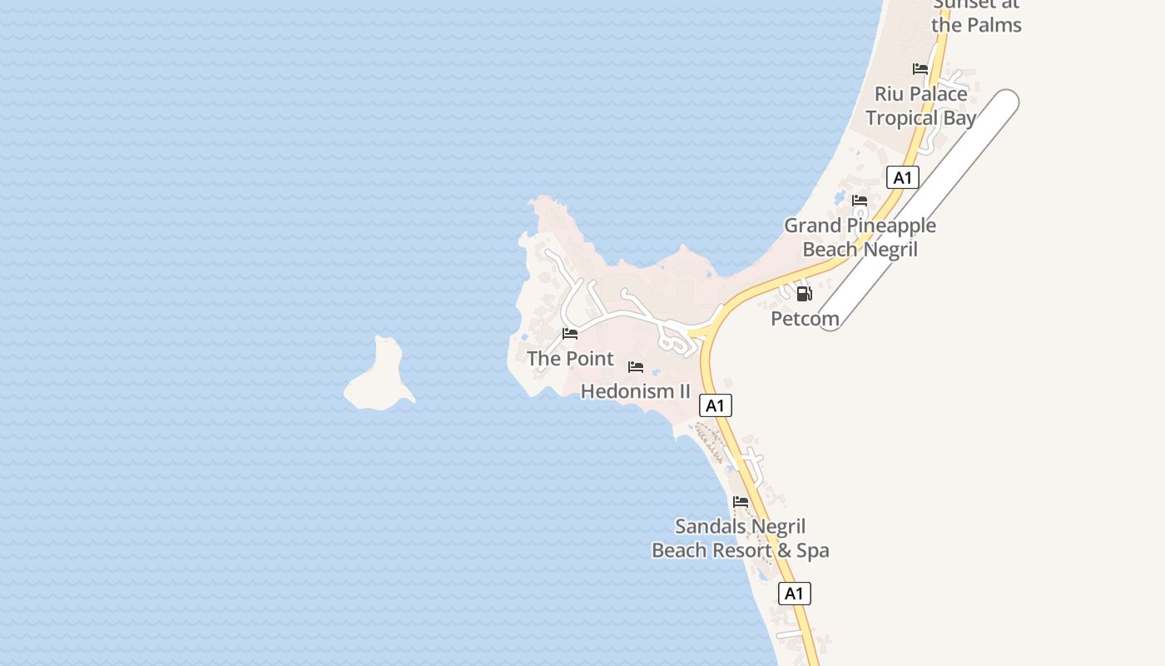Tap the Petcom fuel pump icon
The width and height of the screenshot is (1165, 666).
804,293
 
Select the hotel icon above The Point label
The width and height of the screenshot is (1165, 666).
570,334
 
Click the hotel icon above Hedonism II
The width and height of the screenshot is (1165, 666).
636,367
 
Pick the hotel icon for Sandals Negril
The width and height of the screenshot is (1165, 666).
741,502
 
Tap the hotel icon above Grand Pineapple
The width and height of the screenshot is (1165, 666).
860,201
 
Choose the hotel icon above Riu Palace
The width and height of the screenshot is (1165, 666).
920,69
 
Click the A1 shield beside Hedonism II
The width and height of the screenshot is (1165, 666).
716,405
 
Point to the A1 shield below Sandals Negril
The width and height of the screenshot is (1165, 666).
795,594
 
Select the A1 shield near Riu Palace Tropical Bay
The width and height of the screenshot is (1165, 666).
903,177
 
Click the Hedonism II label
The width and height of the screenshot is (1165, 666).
636,390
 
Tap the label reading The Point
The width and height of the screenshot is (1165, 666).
570,359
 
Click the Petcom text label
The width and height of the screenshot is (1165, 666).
805,319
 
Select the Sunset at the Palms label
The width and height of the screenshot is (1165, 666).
976,14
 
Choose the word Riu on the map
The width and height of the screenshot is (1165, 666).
889,94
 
